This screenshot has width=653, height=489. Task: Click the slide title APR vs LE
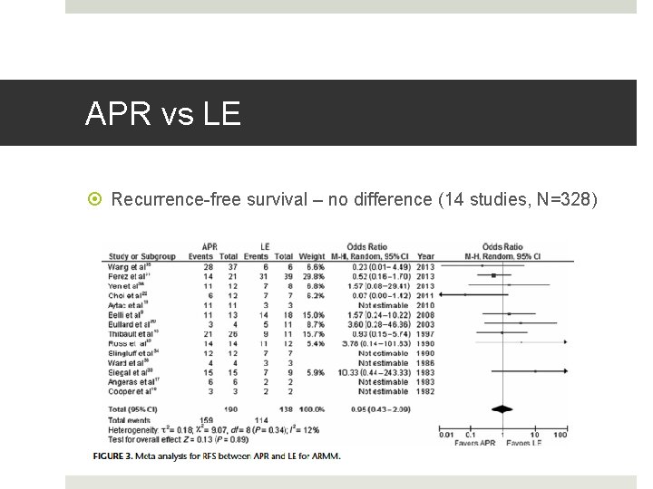pyautogui.click(x=163, y=114)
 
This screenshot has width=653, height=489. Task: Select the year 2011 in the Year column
pyautogui.click(x=426, y=294)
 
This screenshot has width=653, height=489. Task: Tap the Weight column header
pyautogui.click(x=310, y=255)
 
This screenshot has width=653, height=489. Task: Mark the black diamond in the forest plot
pyautogui.click(x=503, y=409)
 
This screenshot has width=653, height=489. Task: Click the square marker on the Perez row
pyautogui.click(x=492, y=275)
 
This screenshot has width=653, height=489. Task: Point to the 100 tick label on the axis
pyautogui.click(x=560, y=436)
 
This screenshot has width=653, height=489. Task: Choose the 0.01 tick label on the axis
pyautogui.click(x=446, y=436)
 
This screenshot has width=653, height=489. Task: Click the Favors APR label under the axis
pyautogui.click(x=476, y=445)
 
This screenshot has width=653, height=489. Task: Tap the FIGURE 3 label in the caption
pyautogui.click(x=121, y=456)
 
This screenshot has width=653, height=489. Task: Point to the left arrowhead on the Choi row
pyautogui.click(x=442, y=294)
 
